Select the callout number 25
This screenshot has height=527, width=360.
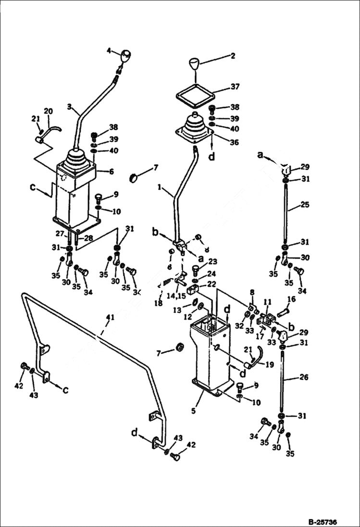(305, 204)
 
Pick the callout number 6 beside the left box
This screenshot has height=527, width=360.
(112, 172)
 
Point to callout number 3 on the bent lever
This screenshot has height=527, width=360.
(70, 108)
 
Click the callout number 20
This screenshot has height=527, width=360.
(48, 111)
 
